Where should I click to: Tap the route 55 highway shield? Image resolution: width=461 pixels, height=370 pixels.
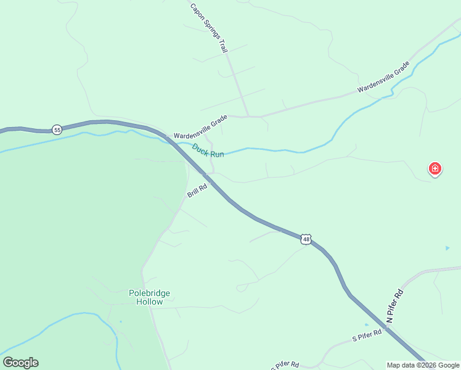pyautogui.click(x=57, y=129)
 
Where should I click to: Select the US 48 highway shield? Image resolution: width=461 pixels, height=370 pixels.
pyautogui.click(x=306, y=239)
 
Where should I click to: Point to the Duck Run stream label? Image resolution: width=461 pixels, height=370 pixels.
pyautogui.click(x=208, y=150)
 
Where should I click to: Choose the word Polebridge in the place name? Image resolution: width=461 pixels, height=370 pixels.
pyautogui.click(x=149, y=294)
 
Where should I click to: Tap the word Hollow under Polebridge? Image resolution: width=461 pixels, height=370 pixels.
pyautogui.click(x=150, y=302)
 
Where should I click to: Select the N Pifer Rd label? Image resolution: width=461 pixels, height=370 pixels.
pyautogui.click(x=394, y=306)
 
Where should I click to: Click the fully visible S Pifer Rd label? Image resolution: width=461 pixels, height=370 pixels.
pyautogui.click(x=367, y=335)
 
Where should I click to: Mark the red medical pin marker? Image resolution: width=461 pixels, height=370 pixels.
pyautogui.click(x=434, y=168)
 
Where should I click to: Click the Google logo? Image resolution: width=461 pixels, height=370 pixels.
pyautogui.click(x=20, y=363)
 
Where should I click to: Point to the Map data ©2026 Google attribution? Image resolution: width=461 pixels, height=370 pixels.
pyautogui.click(x=423, y=365)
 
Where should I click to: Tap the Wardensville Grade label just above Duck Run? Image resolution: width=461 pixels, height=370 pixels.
pyautogui.click(x=200, y=128)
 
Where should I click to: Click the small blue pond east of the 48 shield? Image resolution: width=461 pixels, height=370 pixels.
pyautogui.click(x=447, y=248)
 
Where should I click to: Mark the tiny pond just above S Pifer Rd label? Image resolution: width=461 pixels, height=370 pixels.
pyautogui.click(x=367, y=324)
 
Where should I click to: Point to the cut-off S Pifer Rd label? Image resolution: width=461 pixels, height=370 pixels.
pyautogui.click(x=285, y=365)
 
